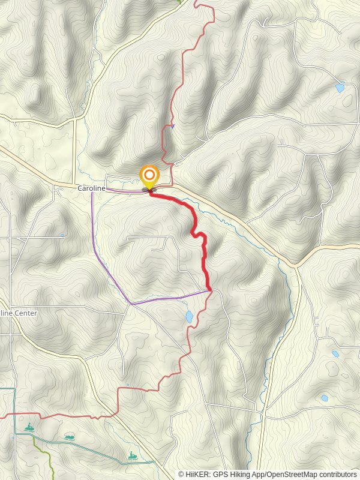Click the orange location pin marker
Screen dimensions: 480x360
149,176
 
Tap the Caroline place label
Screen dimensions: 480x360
91,188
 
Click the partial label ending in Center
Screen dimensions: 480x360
19,313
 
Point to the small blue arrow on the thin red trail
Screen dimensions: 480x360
172,126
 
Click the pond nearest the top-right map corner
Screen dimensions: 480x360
340,88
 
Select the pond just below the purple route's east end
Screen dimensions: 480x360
189,316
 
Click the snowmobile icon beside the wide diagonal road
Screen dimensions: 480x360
132,457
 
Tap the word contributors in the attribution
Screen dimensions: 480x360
338,475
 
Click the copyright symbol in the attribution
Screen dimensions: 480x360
181,475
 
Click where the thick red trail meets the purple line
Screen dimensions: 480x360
210,291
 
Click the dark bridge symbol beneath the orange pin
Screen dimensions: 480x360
148,190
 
